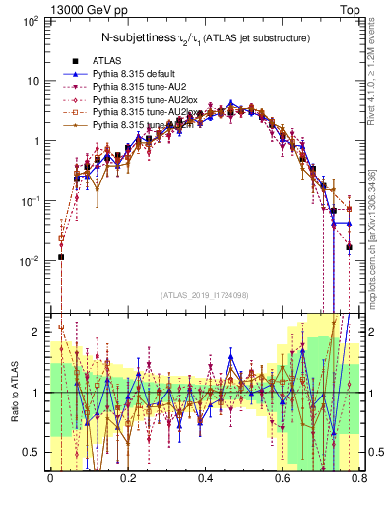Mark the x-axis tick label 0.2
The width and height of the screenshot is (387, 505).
[x=127, y=482]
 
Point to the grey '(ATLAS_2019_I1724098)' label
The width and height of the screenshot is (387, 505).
[x=205, y=295]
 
